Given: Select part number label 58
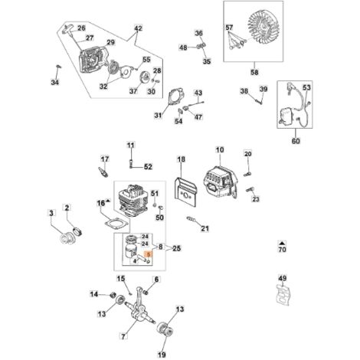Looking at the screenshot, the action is click(254, 72).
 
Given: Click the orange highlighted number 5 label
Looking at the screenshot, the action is click(148, 254).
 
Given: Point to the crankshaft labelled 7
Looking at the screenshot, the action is click(140, 306).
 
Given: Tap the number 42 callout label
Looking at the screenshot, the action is click(138, 28).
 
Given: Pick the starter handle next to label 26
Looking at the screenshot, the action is click(67, 28).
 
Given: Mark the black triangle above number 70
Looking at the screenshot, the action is click(282, 243).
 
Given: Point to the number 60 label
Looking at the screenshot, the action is click(296, 141).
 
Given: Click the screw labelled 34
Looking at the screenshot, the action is click(59, 67).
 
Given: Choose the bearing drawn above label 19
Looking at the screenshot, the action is click(165, 331).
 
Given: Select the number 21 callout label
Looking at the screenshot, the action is click(205, 228).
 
